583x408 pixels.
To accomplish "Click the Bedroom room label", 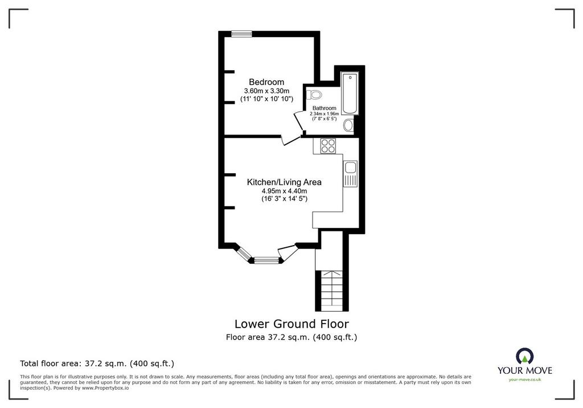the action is click(266, 82).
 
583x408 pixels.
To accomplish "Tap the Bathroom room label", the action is click(324, 108).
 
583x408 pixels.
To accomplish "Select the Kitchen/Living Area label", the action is click(284, 182).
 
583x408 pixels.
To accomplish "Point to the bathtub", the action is click(350, 93).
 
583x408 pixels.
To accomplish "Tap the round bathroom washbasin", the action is click(348, 125).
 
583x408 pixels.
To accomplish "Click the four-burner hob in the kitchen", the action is click(328, 145).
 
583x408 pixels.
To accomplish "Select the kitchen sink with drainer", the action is click(350, 173).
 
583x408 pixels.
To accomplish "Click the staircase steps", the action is click(332, 290).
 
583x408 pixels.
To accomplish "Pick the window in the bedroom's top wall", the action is click(241, 34).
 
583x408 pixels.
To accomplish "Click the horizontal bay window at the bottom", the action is click(266, 260).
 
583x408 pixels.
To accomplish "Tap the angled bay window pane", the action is click(244, 254).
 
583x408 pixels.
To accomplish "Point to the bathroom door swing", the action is click(299, 121).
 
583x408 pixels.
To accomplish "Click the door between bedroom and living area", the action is click(290, 140).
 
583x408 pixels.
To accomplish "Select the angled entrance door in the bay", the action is click(288, 253).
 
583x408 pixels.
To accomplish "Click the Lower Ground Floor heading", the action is click(291, 324).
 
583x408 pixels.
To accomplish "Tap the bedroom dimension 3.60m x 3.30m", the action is click(266, 91).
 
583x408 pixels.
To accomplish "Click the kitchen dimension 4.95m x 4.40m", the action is click(284, 191).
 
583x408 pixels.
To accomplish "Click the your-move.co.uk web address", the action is click(524, 380).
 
